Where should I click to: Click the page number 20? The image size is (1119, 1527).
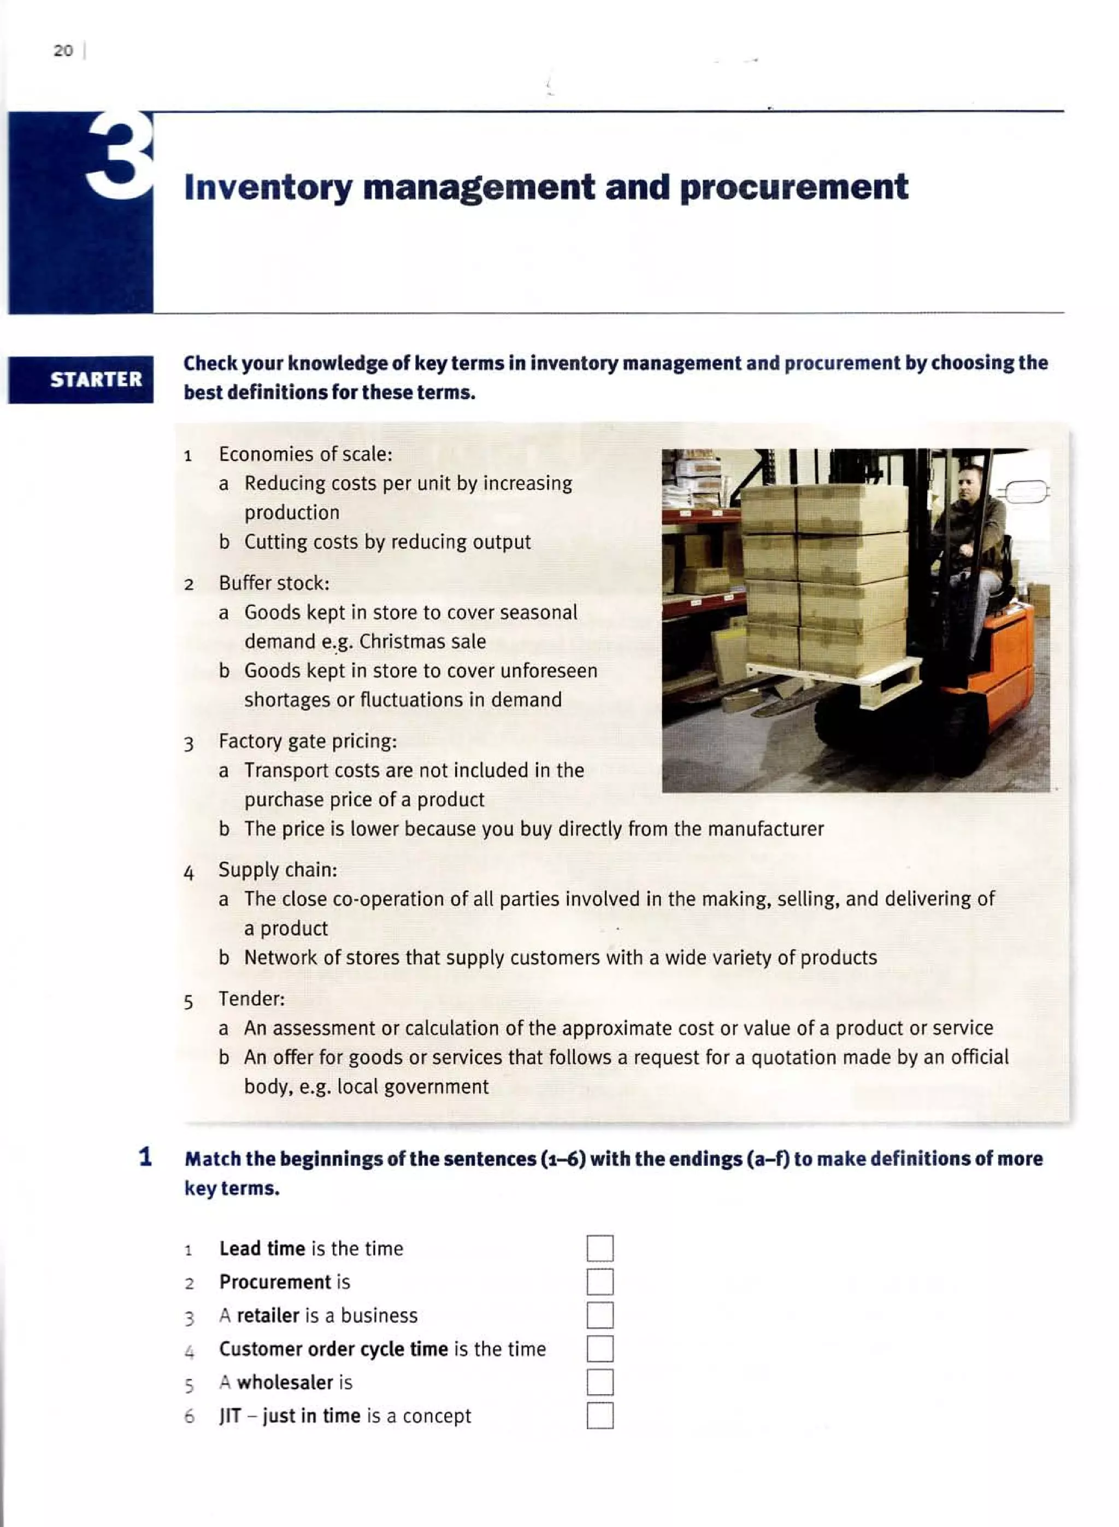(x=63, y=51)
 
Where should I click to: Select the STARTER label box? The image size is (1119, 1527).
(x=81, y=379)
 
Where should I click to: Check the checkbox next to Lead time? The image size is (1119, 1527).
(x=599, y=1248)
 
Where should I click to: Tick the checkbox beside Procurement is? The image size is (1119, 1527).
(x=599, y=1282)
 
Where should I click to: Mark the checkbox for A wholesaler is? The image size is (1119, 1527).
(x=599, y=1382)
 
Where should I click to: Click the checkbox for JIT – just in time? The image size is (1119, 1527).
(x=599, y=1416)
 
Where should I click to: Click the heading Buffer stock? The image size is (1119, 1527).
(x=274, y=583)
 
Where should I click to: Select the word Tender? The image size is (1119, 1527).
(x=251, y=999)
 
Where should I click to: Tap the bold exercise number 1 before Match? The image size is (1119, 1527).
(x=145, y=1157)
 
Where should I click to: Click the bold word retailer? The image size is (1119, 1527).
(x=268, y=1316)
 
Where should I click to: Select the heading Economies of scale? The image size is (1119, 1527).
(x=305, y=453)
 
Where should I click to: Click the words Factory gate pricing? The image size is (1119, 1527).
(x=308, y=741)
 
